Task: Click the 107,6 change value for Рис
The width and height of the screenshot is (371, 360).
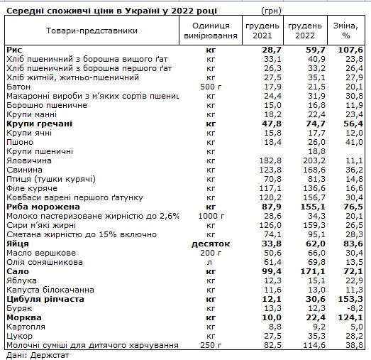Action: point(351,50)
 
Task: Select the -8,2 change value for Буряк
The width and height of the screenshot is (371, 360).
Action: point(355,309)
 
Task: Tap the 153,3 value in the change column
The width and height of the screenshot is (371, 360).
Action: point(351,300)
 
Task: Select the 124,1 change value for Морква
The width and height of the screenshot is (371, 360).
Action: point(351,318)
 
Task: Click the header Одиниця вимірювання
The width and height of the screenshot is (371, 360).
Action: point(209,31)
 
